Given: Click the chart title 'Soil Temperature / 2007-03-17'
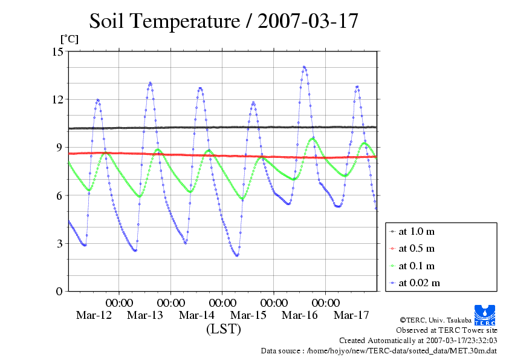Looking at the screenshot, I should point(224,21).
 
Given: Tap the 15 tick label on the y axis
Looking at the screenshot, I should point(58,51).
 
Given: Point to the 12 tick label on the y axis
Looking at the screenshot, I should point(58,99).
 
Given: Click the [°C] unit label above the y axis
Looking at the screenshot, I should point(68,39).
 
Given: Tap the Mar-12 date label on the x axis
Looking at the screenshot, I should point(94,315).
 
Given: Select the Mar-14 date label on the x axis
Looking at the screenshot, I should point(196,315).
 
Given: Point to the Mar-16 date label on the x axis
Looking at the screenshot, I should point(300,315).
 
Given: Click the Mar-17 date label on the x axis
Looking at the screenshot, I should point(351,315).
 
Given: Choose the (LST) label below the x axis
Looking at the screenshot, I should point(223,329).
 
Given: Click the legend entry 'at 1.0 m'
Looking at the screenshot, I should point(417,231).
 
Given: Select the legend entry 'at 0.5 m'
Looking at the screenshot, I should point(417,248).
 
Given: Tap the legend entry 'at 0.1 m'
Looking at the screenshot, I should point(417,266).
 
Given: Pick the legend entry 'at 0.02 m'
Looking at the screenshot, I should point(419,283).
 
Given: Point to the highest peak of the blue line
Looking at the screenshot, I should point(304,67).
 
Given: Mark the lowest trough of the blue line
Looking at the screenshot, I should point(237,255).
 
